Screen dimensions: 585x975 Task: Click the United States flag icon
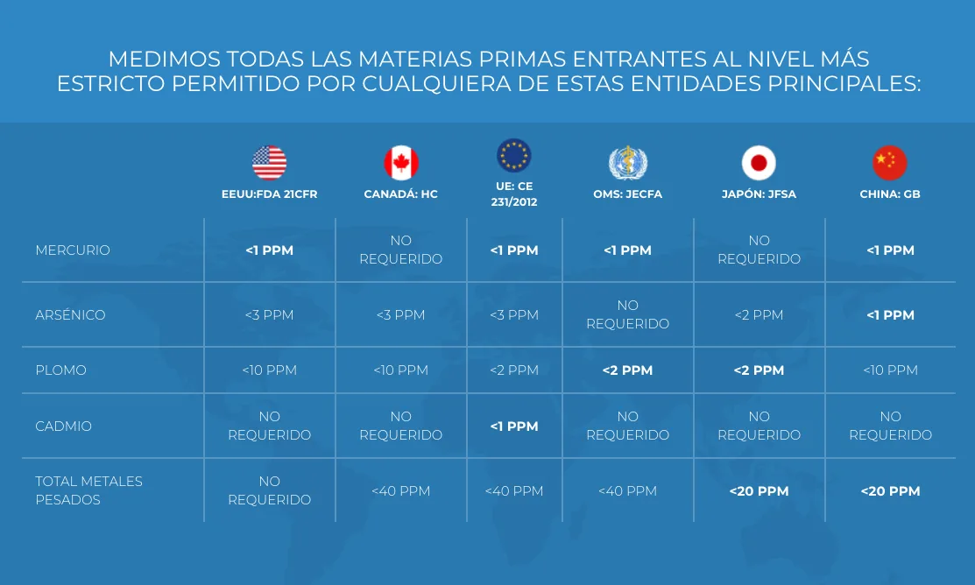[269, 163]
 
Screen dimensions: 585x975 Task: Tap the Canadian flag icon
[400, 163]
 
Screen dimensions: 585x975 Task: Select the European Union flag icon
[514, 156]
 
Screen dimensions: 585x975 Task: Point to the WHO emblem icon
[627, 163]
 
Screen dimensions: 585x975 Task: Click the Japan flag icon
[759, 163]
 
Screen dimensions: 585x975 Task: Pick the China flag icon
[890, 163]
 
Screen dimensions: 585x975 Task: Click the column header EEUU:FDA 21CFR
[269, 194]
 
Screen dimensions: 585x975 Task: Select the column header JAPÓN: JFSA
[759, 194]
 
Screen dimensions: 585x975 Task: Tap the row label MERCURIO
[73, 250]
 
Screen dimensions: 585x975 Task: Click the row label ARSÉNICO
[70, 315]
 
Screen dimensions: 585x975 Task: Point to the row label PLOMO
[60, 370]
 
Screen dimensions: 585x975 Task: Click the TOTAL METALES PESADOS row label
[88, 490]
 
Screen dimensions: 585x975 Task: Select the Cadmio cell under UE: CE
[514, 426]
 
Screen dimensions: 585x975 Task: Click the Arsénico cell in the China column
[890, 315]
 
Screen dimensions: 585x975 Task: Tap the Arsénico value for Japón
[759, 315]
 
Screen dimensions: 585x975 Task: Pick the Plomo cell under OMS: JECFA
[627, 370]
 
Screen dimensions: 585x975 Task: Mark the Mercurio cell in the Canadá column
[400, 250]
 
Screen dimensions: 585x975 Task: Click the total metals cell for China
[890, 491]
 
